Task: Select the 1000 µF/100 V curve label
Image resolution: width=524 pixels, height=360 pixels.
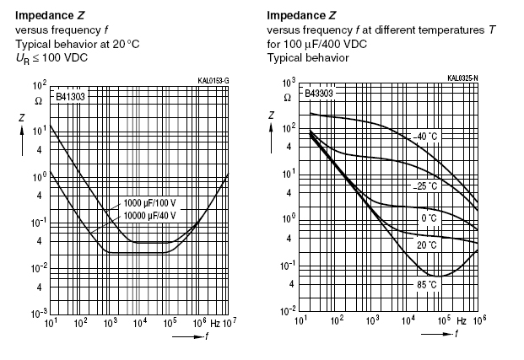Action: (149, 203)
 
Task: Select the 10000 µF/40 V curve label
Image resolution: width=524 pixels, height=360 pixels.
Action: (151, 215)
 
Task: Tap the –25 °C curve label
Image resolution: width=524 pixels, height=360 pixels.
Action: (425, 186)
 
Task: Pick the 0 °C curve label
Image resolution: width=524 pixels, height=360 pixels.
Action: (429, 218)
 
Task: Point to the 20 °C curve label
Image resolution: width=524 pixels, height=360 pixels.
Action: (426, 245)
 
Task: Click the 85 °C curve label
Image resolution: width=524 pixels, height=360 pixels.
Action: (426, 285)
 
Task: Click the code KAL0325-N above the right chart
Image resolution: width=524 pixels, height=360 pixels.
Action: (462, 78)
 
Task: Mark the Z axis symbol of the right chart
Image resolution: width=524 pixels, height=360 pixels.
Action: (272, 115)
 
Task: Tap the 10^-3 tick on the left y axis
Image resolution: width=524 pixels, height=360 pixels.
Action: (37, 312)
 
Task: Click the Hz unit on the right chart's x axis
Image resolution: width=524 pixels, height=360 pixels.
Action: (461, 321)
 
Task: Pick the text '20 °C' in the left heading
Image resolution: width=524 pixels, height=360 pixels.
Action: (122, 44)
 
